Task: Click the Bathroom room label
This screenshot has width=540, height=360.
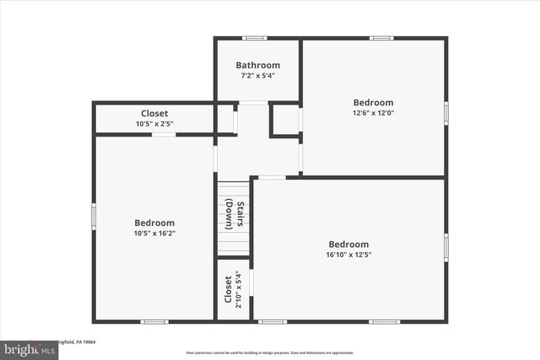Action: (257, 65)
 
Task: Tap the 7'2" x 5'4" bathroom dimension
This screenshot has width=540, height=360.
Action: (257, 75)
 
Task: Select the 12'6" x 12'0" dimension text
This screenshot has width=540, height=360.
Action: (373, 112)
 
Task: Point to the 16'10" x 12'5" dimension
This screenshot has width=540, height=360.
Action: (348, 255)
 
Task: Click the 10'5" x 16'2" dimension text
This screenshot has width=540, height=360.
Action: (154, 233)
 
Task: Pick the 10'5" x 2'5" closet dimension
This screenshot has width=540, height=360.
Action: (154, 124)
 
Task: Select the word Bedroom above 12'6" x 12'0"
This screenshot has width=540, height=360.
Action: (373, 102)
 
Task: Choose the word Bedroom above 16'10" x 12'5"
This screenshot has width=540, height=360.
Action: (348, 244)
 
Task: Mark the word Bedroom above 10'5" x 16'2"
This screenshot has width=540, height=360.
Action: (154, 223)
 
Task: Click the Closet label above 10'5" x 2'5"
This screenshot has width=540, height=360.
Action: (154, 114)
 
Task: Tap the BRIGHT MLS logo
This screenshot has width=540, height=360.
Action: (25, 348)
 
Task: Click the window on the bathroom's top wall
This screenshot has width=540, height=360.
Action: (255, 38)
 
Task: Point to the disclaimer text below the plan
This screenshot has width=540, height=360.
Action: (269, 352)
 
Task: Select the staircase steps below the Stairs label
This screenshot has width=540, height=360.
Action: (234, 244)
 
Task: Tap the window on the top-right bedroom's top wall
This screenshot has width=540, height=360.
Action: (381, 38)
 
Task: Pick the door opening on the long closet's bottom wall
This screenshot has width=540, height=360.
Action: (164, 134)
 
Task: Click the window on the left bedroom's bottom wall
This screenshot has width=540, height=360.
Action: (154, 321)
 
